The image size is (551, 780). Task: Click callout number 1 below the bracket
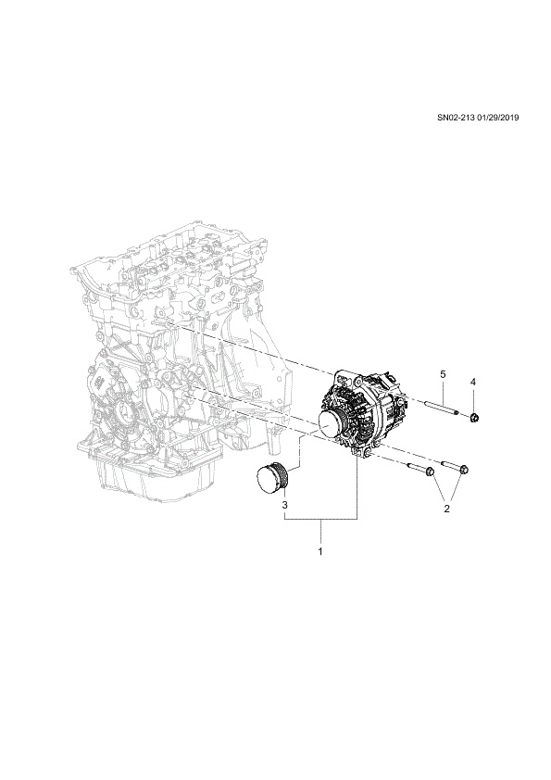click(320, 552)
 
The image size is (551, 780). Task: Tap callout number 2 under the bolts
click(446, 509)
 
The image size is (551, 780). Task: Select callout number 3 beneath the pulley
click(285, 506)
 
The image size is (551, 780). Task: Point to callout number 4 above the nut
click(473, 382)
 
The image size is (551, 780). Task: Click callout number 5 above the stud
click(443, 373)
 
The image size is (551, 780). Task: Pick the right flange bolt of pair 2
click(456, 467)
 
